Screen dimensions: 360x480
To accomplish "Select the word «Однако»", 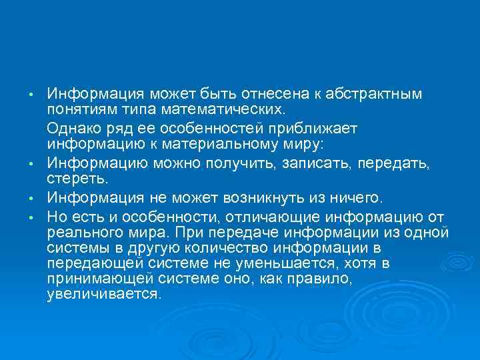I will [72, 128].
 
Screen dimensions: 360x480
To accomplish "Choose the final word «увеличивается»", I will [104, 295].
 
